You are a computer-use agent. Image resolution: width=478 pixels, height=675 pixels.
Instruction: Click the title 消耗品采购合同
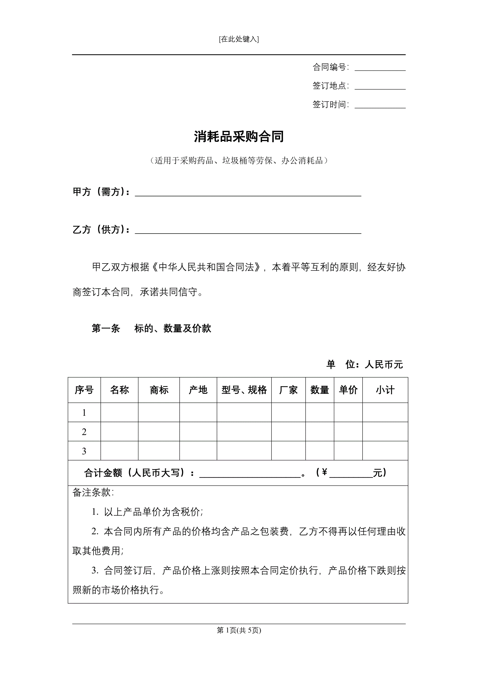tap(239, 137)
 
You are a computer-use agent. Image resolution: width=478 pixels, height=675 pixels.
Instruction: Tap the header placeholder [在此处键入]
tap(239, 39)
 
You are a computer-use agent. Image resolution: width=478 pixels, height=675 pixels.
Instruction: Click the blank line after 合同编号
tap(380, 68)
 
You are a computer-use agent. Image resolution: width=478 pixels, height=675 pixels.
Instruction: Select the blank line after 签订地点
tap(380, 86)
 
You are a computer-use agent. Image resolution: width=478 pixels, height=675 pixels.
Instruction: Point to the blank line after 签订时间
tap(380, 105)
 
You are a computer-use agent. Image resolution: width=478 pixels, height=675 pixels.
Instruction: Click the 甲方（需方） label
tap(101, 192)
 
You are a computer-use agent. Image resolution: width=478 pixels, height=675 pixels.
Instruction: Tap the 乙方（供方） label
tap(101, 230)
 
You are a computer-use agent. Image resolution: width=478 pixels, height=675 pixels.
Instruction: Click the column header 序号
tap(84, 390)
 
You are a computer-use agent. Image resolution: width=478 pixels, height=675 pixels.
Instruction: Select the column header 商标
tap(159, 390)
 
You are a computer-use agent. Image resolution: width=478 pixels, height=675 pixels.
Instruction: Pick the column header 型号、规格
tap(244, 390)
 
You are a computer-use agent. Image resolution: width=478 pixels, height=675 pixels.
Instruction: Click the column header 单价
tap(348, 390)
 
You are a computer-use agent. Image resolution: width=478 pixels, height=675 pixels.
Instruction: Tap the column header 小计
tap(385, 390)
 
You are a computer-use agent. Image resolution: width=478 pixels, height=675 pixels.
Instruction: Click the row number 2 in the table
tap(84, 432)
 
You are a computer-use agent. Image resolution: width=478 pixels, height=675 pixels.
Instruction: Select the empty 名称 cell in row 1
tap(119, 413)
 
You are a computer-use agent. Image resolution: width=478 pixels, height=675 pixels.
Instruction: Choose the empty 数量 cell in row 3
tap(320, 451)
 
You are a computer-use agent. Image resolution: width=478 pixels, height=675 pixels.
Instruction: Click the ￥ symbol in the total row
tap(324, 472)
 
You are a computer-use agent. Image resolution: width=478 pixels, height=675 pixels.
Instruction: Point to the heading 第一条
tap(106, 328)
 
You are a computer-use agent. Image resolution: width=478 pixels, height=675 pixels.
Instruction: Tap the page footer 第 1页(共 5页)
tap(239, 630)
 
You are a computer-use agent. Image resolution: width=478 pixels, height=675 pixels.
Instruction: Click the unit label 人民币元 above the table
tap(383, 365)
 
